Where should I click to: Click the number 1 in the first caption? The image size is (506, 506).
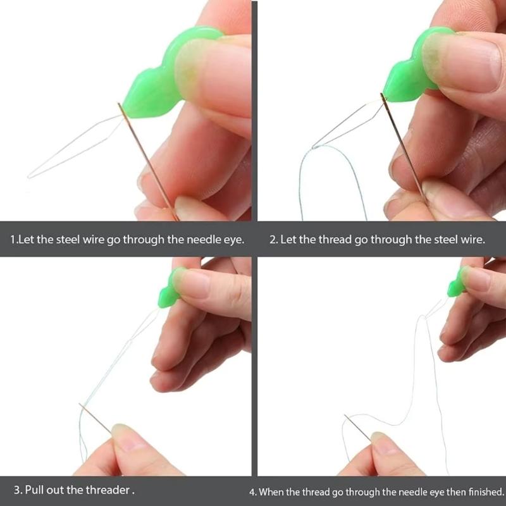pyautogui.click(x=13, y=240)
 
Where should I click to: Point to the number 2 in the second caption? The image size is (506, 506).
pyautogui.click(x=273, y=240)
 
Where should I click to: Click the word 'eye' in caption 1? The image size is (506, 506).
pyautogui.click(x=232, y=240)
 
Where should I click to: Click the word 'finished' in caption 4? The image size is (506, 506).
pyautogui.click(x=483, y=491)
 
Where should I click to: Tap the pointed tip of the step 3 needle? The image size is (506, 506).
pyautogui.click(x=79, y=404)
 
